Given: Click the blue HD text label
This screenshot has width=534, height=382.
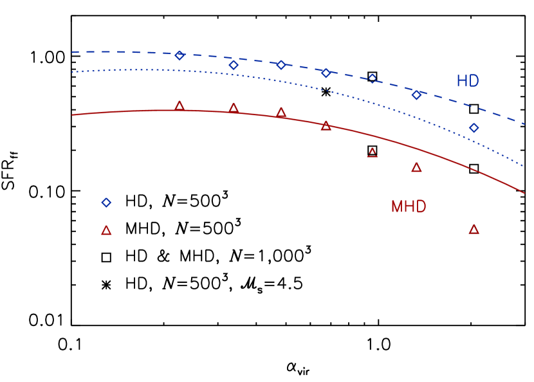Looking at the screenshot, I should pos(468,81).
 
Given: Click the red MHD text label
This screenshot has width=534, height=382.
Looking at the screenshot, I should pos(409,206).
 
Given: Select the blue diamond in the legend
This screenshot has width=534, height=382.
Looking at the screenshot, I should pos(106,203).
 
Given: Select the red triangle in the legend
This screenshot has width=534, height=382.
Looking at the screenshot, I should pos(106,230).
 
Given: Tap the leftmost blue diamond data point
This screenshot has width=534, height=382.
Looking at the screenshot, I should pos(180,55).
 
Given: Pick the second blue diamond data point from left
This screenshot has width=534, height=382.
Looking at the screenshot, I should pos(234,65).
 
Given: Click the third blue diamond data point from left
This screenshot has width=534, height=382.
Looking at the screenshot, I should pos(281,65).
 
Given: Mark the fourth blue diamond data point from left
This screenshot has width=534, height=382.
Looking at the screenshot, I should pos(326,73).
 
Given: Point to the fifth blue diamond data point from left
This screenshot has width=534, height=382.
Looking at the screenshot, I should pos(372,79).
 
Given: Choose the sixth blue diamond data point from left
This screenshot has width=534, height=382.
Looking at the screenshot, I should pos(416,95).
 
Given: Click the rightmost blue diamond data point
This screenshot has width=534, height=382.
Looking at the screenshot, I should pos(474,128).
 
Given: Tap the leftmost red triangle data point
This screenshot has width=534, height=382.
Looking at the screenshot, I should pos(180,106).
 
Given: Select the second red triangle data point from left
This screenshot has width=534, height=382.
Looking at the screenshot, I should pos(234,109).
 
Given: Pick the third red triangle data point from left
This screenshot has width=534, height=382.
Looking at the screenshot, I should pos(281,113).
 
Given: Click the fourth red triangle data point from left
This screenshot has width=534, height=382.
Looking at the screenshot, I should pos(326,126).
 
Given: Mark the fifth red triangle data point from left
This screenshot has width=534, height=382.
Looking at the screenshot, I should pos(373,153).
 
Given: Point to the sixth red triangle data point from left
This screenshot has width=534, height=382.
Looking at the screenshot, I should pos(416,168).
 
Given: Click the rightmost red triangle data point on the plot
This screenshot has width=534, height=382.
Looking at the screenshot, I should pos(474,230).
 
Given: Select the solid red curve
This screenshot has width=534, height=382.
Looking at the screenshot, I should pos(129,111).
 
